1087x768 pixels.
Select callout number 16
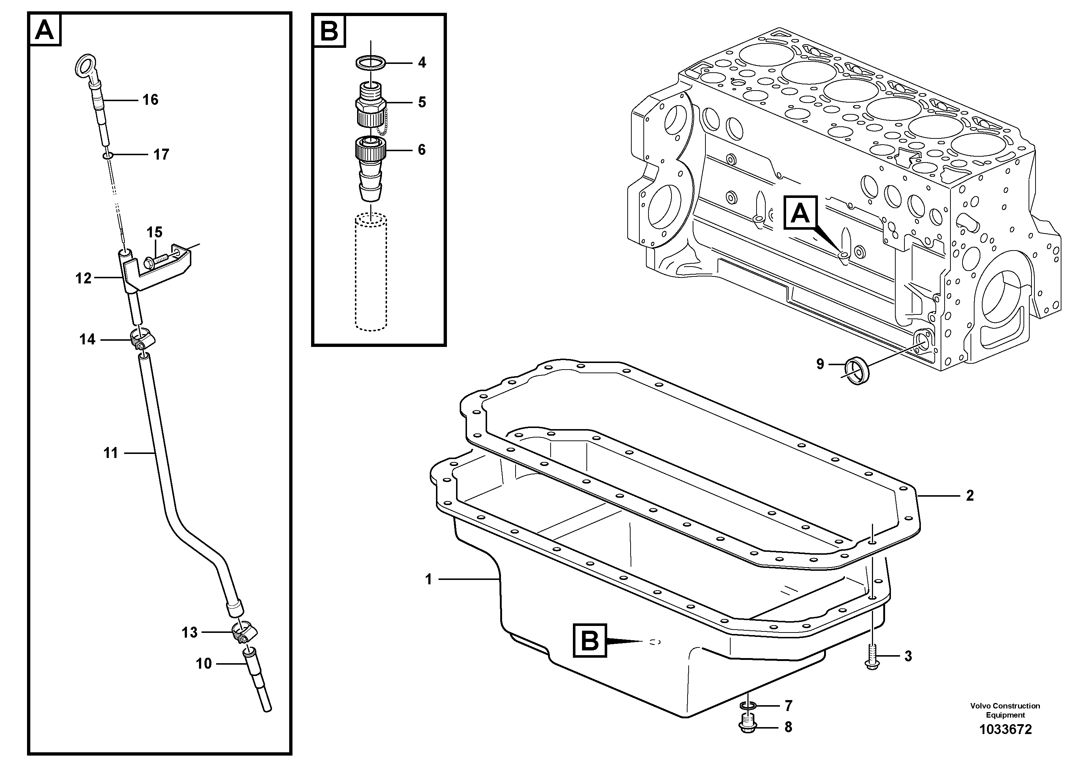coord(150,100)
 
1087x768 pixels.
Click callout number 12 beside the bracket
coord(83,278)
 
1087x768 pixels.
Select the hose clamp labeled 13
coord(243,633)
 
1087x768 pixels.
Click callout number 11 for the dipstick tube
coord(110,453)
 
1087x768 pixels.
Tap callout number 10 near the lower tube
coord(204,664)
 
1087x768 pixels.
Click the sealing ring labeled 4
coord(370,62)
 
